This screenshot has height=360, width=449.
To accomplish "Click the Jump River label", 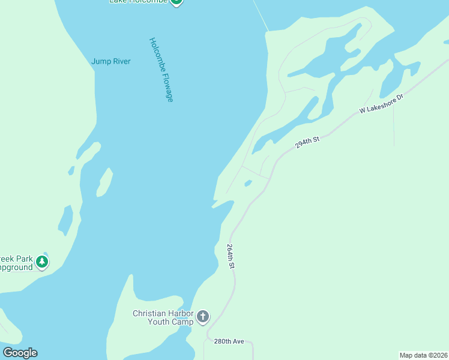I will coord(110,61).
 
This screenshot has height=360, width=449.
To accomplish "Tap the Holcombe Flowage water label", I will coord(161,70).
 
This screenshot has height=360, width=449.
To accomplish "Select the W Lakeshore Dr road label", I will coord(381,103).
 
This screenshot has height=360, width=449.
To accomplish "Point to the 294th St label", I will coord(308,142).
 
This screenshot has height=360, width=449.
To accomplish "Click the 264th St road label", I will coord(231,256).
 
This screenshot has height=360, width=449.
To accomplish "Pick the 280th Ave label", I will coord(229,341).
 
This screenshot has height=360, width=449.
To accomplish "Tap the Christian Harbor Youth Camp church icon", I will coord(203,317).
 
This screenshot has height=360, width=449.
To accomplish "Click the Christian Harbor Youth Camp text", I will coord(163,317).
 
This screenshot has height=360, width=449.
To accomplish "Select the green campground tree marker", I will coord(41,262).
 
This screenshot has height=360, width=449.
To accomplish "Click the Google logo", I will coord(20,353).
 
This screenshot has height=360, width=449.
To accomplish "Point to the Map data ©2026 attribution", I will coord(424,355).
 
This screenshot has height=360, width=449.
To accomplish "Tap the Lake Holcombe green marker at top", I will coord(176,1).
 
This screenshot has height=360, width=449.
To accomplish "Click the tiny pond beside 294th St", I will coord(248,184).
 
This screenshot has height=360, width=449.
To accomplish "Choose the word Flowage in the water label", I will coord(168,88).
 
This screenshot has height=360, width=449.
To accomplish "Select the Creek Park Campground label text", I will coord(16,263).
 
